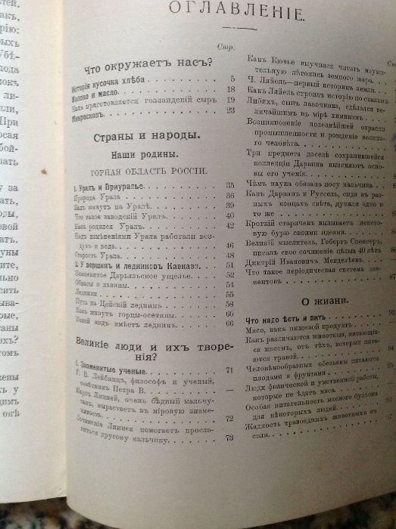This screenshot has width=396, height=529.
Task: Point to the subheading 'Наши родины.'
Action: [142, 153]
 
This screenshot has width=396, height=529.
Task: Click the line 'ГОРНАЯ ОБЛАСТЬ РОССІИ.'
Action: [141, 172]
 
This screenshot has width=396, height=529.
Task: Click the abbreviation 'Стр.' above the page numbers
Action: [224, 46]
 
